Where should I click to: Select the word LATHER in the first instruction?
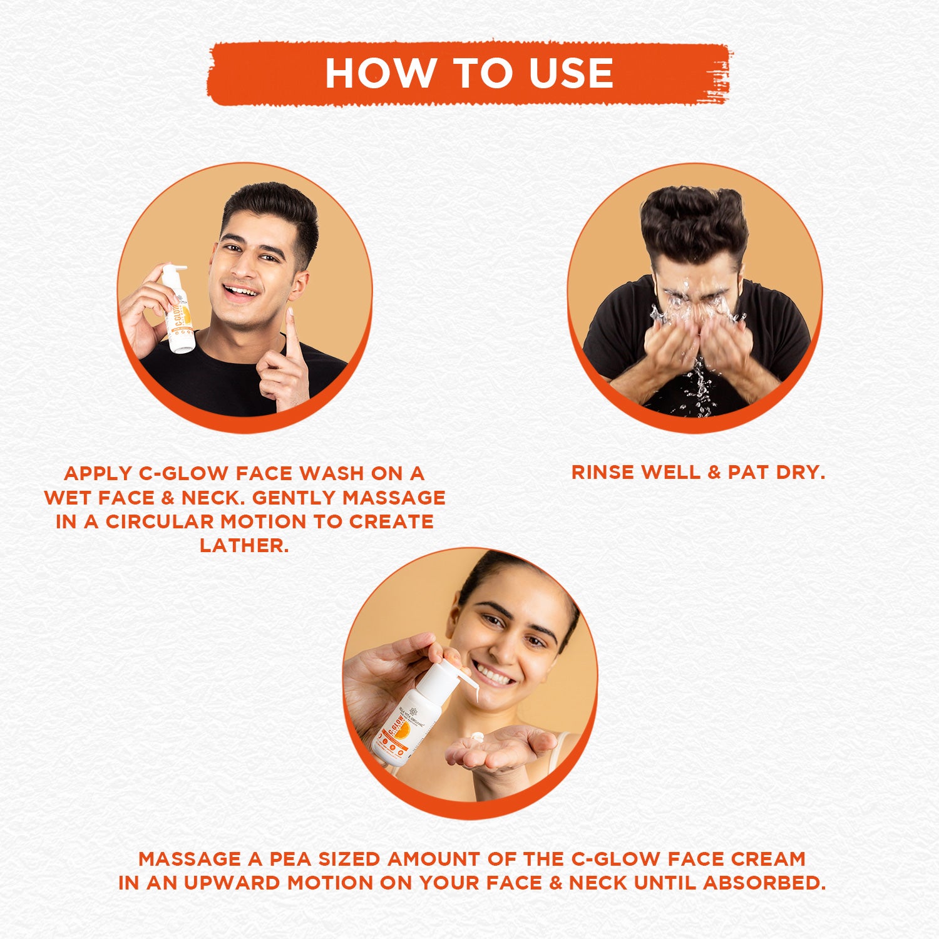click(x=244, y=545)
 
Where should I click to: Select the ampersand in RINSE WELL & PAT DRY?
click(x=714, y=473)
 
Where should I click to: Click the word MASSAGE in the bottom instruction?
click(x=190, y=859)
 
